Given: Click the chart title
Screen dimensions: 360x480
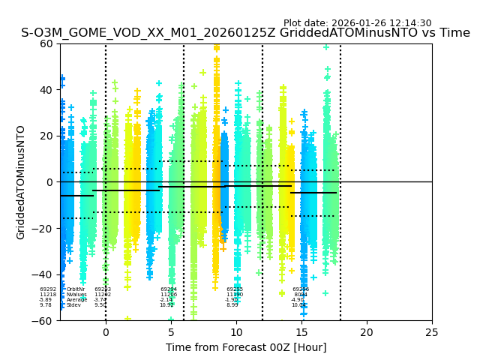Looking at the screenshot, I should pos(245,33).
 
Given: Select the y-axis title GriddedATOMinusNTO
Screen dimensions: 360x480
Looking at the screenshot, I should pos(21,182).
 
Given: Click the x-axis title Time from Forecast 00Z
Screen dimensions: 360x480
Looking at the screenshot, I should pos(246,347).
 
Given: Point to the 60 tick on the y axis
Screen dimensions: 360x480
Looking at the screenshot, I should pos(47,43).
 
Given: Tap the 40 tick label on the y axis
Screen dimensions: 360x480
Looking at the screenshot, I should pos(47,90).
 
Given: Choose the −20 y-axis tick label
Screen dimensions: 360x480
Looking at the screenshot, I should pos(44,228).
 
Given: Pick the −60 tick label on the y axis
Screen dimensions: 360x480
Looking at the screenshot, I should pos(44,320).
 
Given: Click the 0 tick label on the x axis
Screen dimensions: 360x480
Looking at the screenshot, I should pos(106,332).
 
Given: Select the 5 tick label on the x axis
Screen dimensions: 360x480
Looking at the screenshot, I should pos(171,332).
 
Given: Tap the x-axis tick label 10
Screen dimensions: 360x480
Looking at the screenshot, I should pos(236,332).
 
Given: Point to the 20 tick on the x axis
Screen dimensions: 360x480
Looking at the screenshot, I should pos(367,332).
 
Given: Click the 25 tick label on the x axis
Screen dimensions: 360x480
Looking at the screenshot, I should pos(432,332).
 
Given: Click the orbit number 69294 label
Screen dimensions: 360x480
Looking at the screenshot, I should pos(169,289).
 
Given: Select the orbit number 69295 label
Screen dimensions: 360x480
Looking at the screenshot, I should pos(235,289).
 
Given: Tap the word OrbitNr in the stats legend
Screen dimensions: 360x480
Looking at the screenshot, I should pos(76,289).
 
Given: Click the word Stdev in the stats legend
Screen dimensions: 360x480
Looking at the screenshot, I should pos(73,305).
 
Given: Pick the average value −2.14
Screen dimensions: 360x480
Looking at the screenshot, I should pos(166,300).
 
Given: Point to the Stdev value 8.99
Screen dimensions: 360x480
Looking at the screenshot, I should pos(232,305).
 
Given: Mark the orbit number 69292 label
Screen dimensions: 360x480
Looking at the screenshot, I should pos(48,289).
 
